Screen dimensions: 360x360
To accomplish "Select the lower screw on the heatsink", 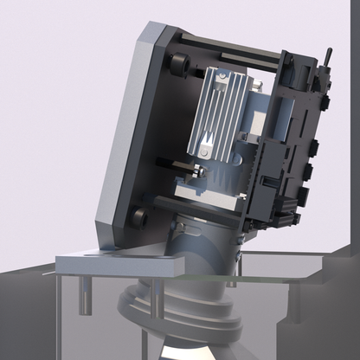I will coord(206,153).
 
